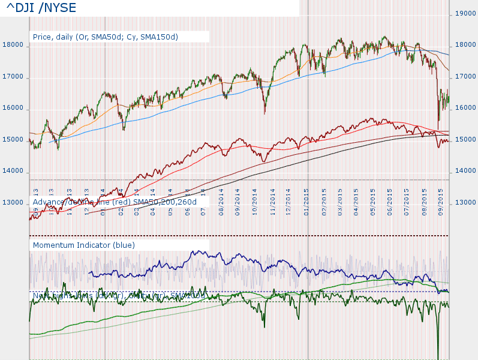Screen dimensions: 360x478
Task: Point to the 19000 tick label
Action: coord(466,13)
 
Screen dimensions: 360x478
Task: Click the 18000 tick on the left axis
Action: coord(13,45)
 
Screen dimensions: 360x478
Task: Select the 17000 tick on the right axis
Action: coord(466,77)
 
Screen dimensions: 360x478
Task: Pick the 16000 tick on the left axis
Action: coord(13,109)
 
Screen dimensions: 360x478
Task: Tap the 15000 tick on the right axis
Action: coord(466,140)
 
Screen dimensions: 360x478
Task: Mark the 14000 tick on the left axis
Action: coord(13,172)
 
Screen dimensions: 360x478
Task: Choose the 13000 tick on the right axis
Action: coord(466,203)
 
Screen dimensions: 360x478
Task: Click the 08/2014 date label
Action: coord(222,202)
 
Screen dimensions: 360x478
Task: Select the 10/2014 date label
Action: coord(255,202)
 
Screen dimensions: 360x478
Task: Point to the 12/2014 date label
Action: coord(289,202)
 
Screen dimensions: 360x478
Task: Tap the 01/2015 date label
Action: coord(306,202)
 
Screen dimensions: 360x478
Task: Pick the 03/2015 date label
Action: coord(340,202)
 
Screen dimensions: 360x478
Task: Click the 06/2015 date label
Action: coord(391,202)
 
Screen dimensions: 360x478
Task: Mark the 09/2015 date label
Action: coord(441,202)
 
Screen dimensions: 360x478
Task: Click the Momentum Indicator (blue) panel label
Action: coord(84,245)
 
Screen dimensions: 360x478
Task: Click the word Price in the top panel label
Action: coord(43,37)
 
